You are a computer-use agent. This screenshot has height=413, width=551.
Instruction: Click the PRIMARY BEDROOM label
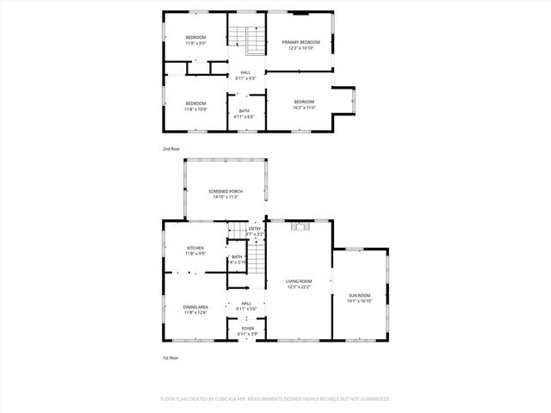301,42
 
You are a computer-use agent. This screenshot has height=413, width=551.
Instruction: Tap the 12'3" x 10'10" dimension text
301,48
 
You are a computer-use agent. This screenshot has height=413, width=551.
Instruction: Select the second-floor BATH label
245,111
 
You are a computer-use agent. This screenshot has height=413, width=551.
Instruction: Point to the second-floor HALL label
246,72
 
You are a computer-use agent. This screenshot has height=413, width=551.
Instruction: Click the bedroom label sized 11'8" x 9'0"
195,37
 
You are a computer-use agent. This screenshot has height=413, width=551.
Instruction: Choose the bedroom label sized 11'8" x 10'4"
195,104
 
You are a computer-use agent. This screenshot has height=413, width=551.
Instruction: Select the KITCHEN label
195,248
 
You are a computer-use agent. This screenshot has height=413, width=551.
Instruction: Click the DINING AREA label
195,306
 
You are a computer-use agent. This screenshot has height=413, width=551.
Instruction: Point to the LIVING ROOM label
299,281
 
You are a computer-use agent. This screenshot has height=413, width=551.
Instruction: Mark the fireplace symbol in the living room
299,227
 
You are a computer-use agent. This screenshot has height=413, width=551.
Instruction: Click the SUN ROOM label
359,295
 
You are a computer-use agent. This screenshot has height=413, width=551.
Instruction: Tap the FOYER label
247,329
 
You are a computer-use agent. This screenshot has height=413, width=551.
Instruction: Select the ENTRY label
255,228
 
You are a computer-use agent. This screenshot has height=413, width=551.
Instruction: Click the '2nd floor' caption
172,149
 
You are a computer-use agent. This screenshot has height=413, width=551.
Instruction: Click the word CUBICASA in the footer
238,399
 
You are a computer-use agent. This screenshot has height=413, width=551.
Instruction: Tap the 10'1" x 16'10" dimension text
359,301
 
